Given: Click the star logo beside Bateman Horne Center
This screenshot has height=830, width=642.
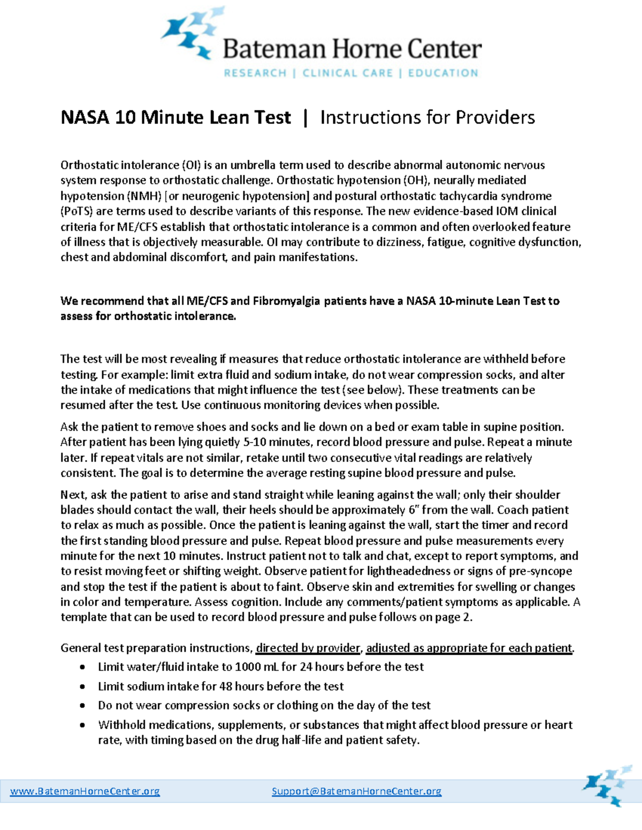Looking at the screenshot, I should point(192,33).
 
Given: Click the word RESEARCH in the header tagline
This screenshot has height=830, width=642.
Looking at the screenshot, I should point(255,73).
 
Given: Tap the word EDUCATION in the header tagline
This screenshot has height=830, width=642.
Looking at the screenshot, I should point(443,73).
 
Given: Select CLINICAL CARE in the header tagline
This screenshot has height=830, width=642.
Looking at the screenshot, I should point(348,73).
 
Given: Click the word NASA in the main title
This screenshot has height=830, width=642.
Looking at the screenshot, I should point(85,118).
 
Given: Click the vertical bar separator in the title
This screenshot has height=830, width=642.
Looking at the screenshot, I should point(305,118).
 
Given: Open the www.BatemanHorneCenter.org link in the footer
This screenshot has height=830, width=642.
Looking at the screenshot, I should point(85,791).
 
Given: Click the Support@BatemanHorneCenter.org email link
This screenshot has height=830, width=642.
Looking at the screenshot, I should point(356,791).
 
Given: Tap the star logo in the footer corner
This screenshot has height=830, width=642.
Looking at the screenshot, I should point(607,785).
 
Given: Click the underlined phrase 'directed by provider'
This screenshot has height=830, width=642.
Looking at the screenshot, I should point(308,648).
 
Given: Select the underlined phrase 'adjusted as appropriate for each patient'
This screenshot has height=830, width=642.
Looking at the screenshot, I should point(469,648).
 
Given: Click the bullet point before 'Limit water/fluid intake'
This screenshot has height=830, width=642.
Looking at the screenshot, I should point(82,667).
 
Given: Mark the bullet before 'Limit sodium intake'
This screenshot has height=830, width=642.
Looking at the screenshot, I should point(82,687).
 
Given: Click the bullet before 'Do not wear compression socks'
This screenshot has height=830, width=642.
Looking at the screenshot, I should point(82,706).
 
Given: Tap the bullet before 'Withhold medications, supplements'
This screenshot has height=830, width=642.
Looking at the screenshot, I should point(82,725).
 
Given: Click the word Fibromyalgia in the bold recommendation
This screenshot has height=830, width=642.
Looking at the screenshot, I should point(286,301).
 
